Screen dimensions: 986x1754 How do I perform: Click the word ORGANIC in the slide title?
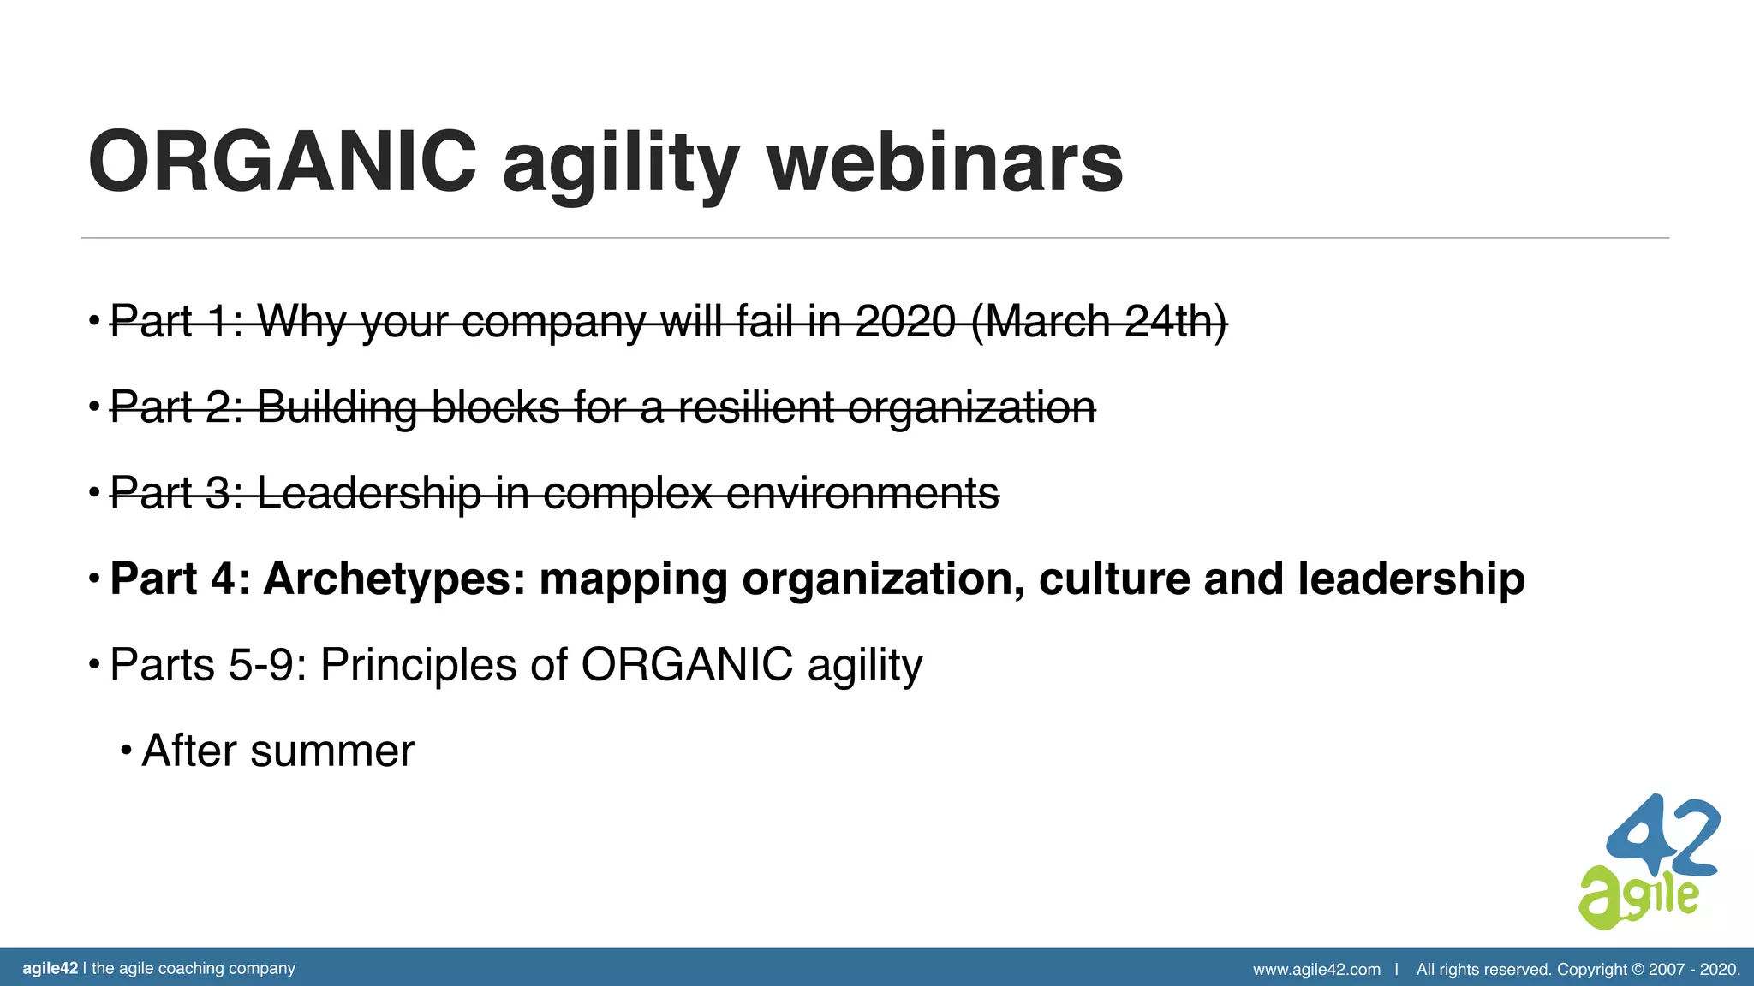(x=283, y=163)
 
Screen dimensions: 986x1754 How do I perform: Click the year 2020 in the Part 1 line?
(x=905, y=322)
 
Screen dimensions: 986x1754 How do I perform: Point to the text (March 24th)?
(x=1099, y=322)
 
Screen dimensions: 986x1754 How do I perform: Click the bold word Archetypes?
(x=395, y=579)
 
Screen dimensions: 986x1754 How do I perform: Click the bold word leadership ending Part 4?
(x=1411, y=579)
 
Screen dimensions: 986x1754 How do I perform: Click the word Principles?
(x=418, y=665)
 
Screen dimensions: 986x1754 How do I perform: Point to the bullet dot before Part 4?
(x=94, y=579)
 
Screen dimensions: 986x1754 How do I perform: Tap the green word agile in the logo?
(x=1636, y=897)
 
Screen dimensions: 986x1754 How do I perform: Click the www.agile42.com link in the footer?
(x=1316, y=970)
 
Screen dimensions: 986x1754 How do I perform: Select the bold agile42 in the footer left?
(x=50, y=969)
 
